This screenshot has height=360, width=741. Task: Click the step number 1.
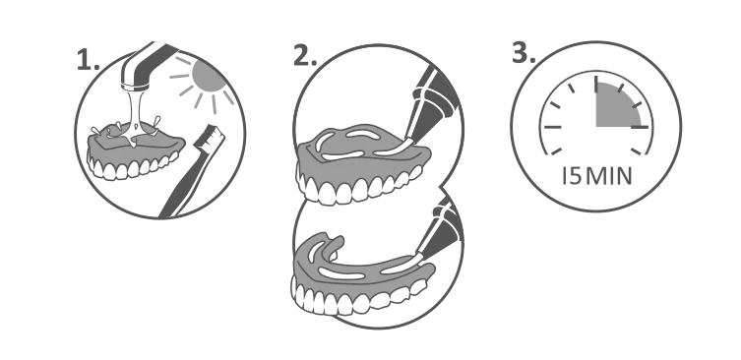(x=88, y=60)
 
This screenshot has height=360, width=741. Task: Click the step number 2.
(x=305, y=56)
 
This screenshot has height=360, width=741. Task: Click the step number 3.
(x=524, y=53)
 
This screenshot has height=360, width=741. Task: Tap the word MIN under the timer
(x=609, y=176)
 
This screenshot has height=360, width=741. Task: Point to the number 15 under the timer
(x=572, y=176)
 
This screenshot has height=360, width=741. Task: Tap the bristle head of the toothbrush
(x=211, y=137)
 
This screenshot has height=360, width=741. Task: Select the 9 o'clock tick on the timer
(x=553, y=127)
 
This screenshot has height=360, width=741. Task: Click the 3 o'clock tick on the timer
(x=640, y=127)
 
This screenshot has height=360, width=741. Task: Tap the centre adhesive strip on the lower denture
(x=341, y=273)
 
